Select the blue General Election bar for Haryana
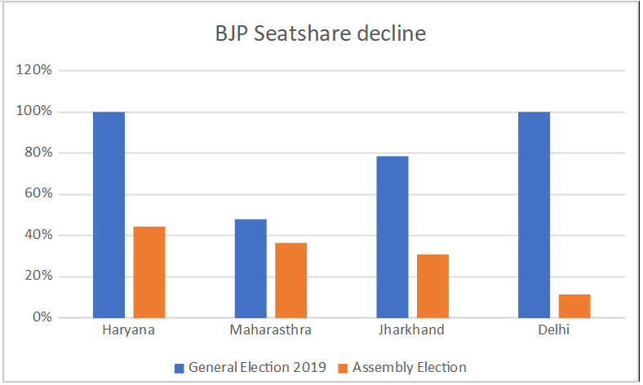pos(109,215)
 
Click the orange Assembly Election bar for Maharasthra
pos(290,280)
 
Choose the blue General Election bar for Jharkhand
pos(392,237)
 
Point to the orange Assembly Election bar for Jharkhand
pos(432,285)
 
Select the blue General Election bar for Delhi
pos(534,215)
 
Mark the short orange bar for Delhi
pos(574,306)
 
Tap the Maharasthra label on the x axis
pos(270,331)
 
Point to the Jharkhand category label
pos(412,331)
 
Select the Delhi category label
pos(554,331)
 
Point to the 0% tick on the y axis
pos(42,317)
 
